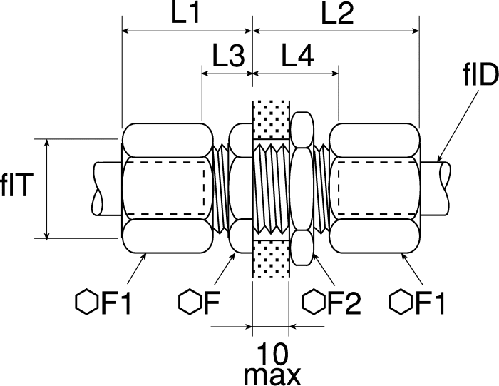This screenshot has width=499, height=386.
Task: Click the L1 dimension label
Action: click(x=185, y=14)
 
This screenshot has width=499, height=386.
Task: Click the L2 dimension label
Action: click(x=337, y=14)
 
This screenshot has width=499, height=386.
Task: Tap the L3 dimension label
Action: click(x=228, y=56)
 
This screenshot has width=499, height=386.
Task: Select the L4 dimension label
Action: click(x=297, y=56)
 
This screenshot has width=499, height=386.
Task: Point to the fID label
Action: click(x=480, y=76)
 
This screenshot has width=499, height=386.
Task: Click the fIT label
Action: click(x=16, y=186)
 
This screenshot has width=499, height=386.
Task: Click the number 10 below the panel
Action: click(x=273, y=354)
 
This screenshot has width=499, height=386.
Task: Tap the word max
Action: click(x=272, y=377)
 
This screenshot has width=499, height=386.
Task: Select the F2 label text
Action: click(x=344, y=303)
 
